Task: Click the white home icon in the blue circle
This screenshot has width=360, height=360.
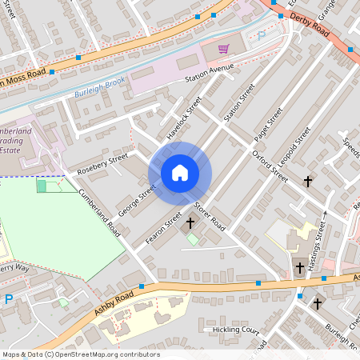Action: tap(180, 172)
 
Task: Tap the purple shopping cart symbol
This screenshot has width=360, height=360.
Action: tap(223, 49)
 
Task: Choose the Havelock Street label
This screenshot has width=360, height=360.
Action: tap(184, 118)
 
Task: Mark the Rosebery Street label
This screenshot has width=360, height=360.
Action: tap(102, 165)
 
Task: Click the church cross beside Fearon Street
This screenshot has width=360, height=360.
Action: tap(190, 222)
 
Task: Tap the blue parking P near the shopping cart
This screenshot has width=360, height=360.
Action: tap(260, 36)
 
